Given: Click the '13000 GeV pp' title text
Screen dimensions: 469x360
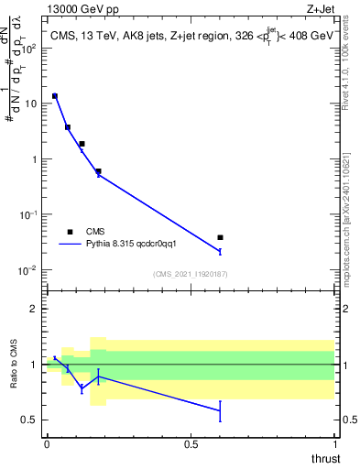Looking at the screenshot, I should [83, 10].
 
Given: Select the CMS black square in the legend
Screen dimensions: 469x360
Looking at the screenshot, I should [70, 232].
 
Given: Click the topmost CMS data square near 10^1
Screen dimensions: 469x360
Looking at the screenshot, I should [55, 95].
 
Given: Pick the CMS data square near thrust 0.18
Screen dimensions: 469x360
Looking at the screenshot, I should [98, 171].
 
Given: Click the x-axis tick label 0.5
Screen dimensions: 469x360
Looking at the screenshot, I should [191, 444].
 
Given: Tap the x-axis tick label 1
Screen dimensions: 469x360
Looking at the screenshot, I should [334, 444].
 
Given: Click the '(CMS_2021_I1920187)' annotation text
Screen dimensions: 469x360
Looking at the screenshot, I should [191, 274].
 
